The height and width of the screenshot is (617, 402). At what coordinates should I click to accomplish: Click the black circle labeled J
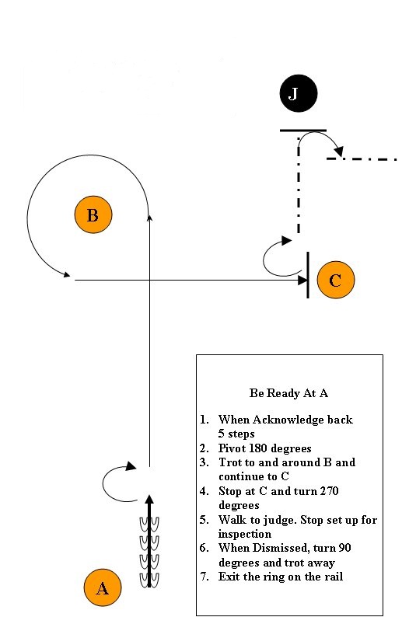coord(293,94)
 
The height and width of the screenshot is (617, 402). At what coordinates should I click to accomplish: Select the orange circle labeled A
coord(102,588)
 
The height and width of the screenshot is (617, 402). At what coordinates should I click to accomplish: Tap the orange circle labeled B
coord(93,215)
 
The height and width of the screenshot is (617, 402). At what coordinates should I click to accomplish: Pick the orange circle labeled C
coord(335,280)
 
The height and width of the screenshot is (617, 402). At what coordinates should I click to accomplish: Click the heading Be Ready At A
coord(288,392)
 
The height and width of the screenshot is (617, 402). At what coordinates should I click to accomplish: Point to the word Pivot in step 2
coord(233,448)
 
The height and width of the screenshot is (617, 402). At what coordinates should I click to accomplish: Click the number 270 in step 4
coord(348,491)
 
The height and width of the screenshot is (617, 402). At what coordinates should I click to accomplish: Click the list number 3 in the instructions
coord(203,462)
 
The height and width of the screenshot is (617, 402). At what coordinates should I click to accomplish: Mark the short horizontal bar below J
coord(303,131)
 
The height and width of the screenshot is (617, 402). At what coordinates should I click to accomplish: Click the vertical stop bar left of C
coord(308,274)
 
